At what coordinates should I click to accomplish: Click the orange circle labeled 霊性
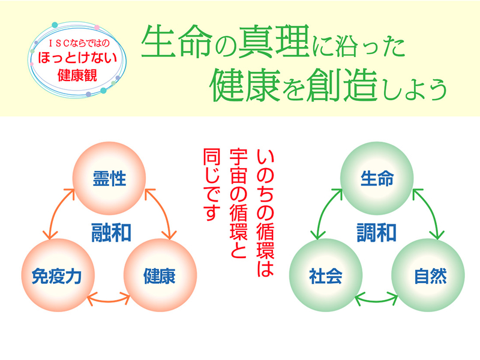109,178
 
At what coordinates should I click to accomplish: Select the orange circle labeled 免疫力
58,275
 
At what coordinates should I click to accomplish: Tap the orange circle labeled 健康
160,275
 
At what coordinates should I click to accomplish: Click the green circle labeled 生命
377,178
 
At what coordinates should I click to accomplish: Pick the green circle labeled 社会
326,275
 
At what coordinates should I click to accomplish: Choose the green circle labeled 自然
428,275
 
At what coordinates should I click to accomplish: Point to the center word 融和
111,233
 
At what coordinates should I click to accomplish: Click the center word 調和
377,233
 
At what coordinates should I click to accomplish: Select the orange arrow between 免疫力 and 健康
109,302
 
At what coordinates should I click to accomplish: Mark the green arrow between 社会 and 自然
376,302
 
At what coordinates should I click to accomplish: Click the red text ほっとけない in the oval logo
77,58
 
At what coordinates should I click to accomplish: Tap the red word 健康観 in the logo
77,76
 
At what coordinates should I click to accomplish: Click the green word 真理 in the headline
274,41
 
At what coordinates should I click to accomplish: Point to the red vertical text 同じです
212,185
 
